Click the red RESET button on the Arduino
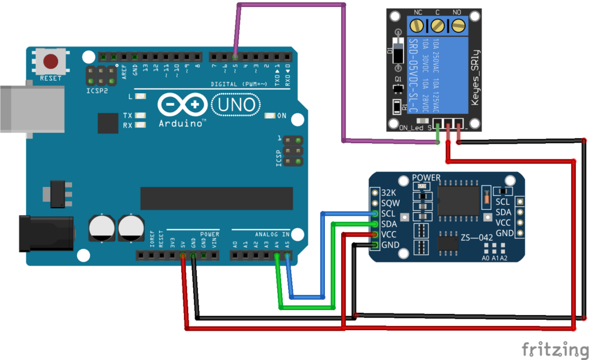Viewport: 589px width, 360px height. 52,61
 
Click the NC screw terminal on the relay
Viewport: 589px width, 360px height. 418,25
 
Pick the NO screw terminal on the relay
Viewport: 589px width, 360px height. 458,25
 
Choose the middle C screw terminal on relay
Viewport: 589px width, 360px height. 438,25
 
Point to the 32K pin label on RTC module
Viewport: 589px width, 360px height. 389,193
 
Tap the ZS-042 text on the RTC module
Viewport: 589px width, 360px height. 477,238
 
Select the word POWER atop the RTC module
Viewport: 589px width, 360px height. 426,178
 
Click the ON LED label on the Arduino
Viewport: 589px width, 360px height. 282,116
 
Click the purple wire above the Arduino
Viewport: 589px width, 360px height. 290,5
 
